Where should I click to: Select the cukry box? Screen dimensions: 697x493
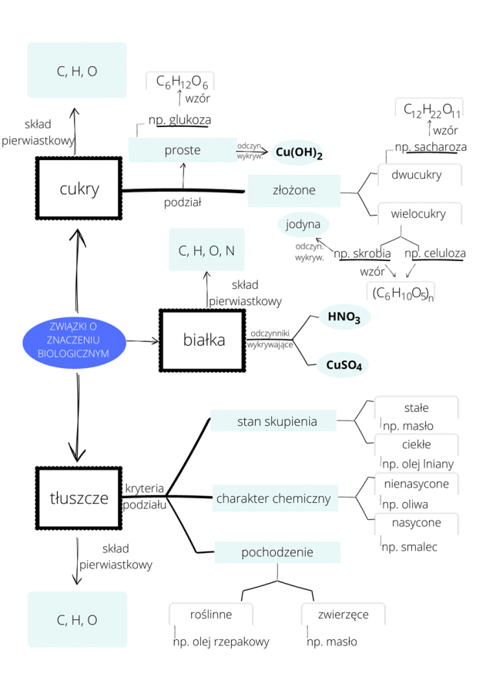pos(79,189)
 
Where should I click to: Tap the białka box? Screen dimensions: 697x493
pos(203,340)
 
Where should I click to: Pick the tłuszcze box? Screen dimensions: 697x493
pos(79,498)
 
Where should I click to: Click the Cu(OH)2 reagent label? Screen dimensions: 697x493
pos(298,152)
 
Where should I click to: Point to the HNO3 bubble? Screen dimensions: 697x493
pos(344,317)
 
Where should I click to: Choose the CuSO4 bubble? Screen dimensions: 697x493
pos(343,364)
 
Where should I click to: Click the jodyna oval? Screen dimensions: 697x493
pos(303,226)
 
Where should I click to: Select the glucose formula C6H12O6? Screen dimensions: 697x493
pos(180,81)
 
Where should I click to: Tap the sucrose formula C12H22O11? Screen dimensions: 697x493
pos(432,110)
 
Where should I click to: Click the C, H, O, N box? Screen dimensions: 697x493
pos(206,250)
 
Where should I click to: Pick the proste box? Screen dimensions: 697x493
pos(183,150)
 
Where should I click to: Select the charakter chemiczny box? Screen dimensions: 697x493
pos(273,498)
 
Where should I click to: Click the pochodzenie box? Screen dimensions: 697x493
pos(277,552)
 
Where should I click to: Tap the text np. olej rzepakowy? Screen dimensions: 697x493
pos(221,642)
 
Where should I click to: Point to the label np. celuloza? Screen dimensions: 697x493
pos(434,253)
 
